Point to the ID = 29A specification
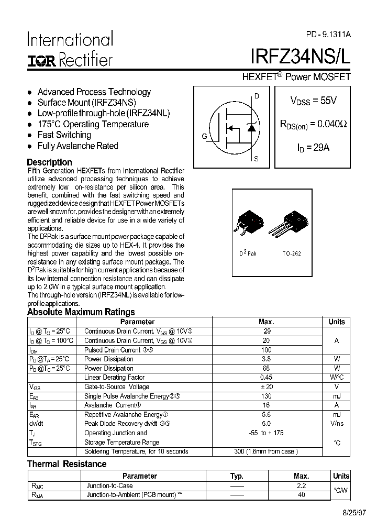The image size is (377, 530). click(x=313, y=148)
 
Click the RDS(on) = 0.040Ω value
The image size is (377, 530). click(x=313, y=125)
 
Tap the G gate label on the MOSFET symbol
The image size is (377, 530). click(x=204, y=137)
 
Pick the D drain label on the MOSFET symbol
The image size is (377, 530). click(x=257, y=96)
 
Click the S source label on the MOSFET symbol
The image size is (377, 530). click(x=256, y=158)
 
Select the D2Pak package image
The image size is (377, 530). click(x=247, y=222)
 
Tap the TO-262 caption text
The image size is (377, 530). click(x=292, y=253)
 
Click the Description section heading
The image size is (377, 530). click(x=49, y=162)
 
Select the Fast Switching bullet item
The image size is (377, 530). click(x=64, y=135)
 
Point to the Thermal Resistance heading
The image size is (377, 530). click(x=66, y=464)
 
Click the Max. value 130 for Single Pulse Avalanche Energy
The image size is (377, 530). click(x=266, y=396)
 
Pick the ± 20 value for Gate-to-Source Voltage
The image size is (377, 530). click(x=266, y=387)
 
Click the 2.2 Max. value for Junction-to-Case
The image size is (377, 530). click(x=301, y=485)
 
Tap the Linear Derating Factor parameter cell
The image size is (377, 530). click(x=115, y=378)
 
